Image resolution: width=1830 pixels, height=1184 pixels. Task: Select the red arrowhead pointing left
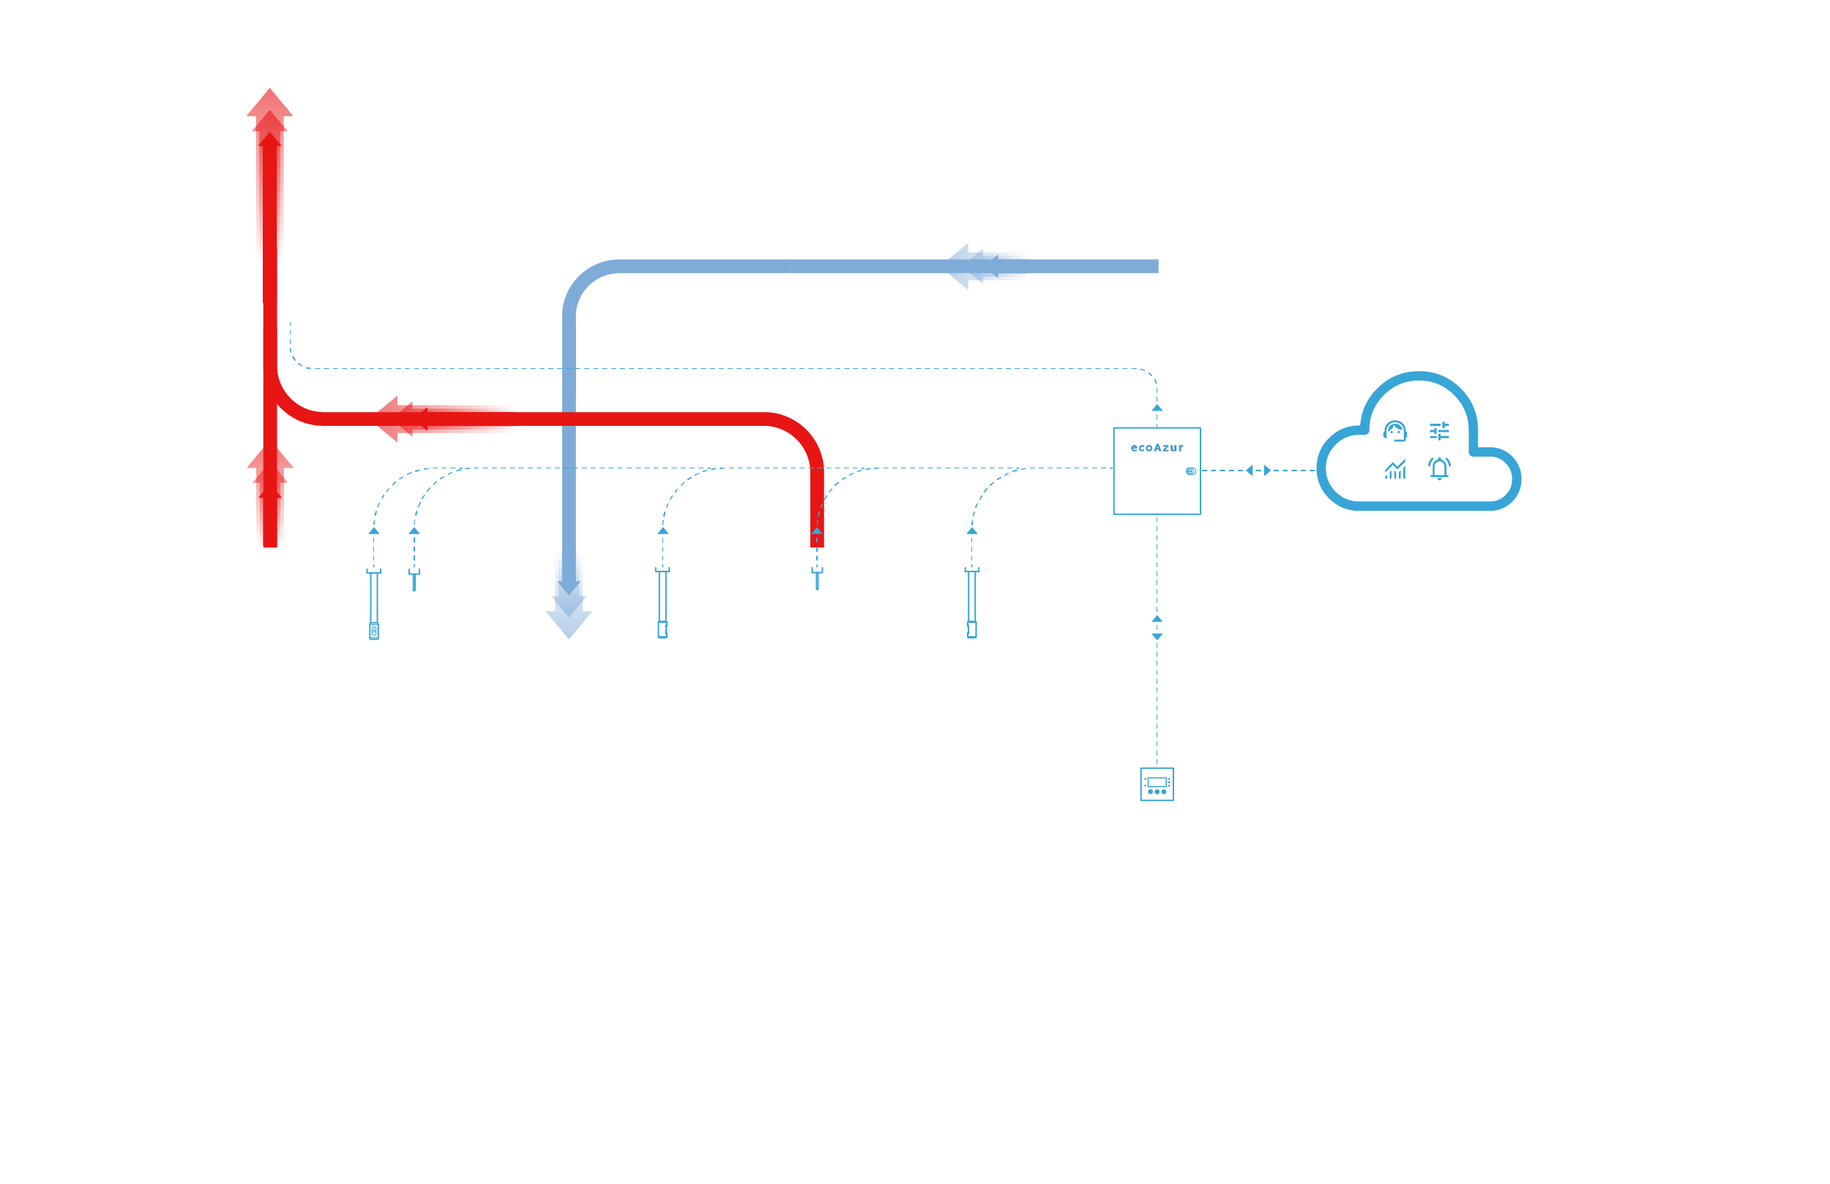388,419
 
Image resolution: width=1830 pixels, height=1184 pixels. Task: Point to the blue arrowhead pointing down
568,623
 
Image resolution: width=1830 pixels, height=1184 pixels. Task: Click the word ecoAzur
1157,447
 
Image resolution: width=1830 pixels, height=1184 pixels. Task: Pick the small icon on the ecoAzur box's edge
1190,471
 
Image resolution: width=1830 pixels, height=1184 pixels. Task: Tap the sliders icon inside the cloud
1439,431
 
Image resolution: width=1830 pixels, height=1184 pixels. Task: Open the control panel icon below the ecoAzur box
1157,784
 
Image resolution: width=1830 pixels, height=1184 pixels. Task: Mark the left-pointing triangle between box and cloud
1250,471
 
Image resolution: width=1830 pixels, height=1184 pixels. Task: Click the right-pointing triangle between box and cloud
1268,471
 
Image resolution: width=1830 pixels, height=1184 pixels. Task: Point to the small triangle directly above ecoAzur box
1157,408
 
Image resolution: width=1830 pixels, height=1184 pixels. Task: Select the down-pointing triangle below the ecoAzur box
1157,637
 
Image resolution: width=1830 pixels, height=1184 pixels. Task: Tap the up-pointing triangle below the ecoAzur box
1157,619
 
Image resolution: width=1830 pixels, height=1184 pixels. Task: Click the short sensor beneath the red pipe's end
817,578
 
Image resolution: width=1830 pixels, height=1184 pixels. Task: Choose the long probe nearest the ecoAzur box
972,604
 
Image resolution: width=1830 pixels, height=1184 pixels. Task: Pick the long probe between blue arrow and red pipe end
662,604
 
